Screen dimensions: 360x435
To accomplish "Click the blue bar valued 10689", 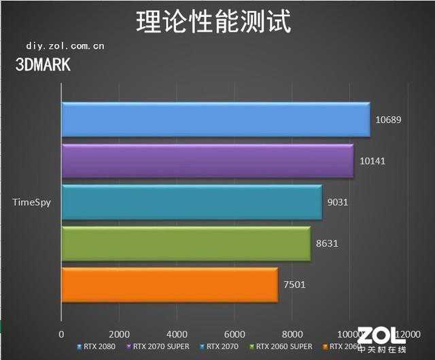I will pos(215,120).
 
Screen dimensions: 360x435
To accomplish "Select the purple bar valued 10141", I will pos(207,161).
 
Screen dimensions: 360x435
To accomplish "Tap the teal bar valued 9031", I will pos(192,202).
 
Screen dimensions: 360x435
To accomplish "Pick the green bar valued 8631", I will pos(186,243).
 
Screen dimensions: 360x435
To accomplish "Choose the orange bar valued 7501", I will pos(169,285).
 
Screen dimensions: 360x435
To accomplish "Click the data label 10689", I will pos(388,120).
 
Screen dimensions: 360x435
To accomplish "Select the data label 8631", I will pos(326,243).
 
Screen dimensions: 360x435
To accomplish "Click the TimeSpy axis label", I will pos(31,202).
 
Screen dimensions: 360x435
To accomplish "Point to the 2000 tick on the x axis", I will pos(119,334).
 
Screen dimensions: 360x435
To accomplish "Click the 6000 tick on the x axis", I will pos(234,334).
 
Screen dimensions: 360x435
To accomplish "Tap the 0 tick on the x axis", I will pos(62,334).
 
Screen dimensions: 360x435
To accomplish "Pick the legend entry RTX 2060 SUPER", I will pos(280,346).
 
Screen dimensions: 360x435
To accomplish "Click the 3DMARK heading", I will pos(42,65).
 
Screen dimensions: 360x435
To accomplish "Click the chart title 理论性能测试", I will pos(213,22).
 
